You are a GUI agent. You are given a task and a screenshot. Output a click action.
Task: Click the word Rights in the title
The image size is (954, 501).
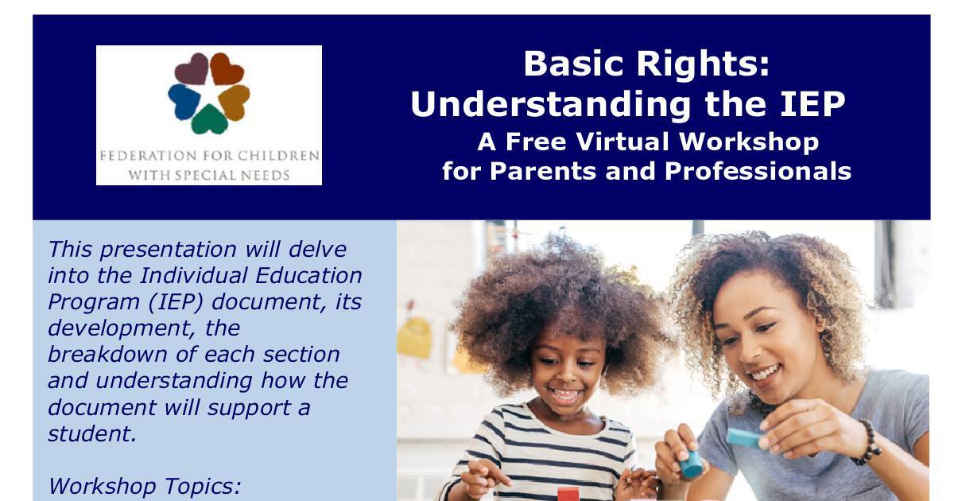[712, 64]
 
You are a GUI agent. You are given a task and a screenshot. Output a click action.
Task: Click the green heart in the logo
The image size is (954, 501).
[209, 120]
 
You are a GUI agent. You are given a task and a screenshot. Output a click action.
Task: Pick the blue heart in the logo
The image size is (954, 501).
[184, 100]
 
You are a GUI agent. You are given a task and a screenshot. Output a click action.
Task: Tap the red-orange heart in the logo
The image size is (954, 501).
[227, 69]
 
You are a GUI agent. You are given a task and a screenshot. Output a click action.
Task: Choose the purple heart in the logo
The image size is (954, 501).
[192, 70]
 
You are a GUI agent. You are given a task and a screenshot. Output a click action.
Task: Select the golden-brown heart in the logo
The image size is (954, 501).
[235, 100]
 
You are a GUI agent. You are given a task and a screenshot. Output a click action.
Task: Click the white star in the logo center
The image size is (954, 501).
[209, 95]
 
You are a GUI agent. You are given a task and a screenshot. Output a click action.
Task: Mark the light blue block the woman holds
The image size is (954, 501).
[744, 437]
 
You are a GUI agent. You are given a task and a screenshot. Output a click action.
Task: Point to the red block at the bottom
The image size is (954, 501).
[568, 494]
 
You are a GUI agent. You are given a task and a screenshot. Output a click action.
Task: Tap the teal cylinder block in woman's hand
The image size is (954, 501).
[691, 464]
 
